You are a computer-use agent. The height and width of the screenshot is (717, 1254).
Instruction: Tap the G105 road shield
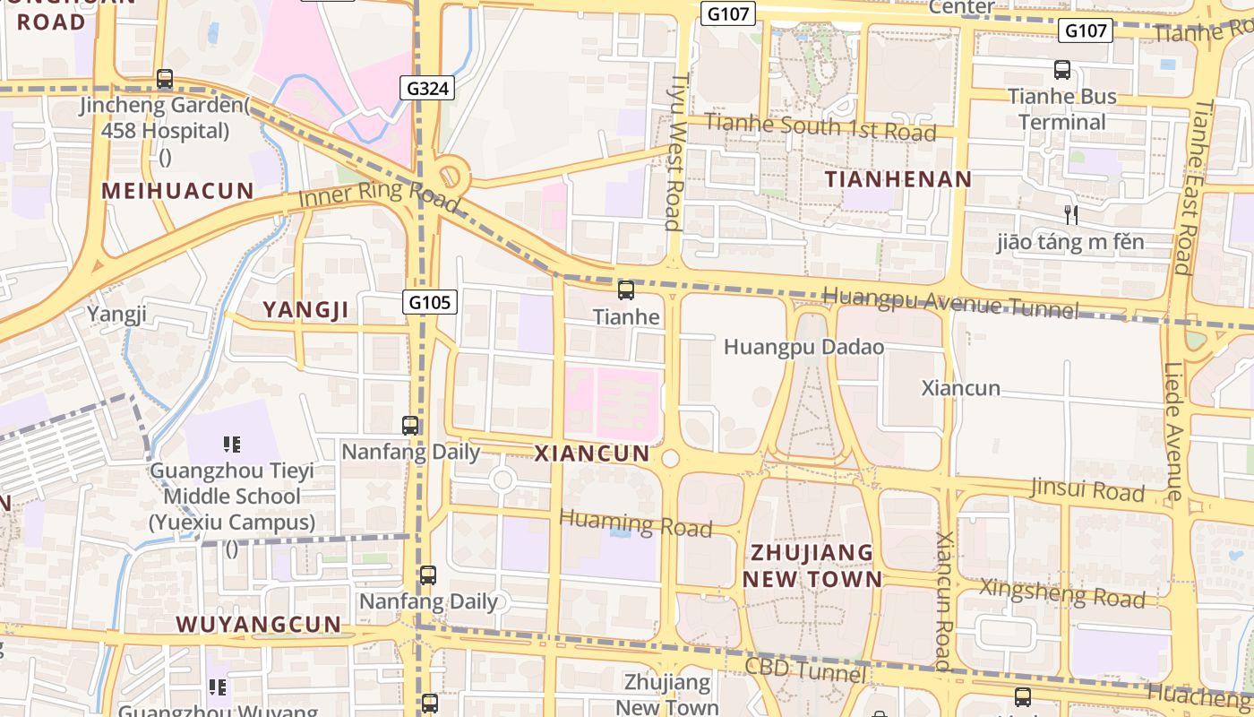pyautogui.click(x=429, y=302)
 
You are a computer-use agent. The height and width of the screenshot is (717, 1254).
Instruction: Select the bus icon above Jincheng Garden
pyautogui.click(x=165, y=79)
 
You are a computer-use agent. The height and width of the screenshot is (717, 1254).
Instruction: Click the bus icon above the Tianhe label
pyautogui.click(x=626, y=290)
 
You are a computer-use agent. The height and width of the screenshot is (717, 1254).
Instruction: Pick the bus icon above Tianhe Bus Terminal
pyautogui.click(x=1062, y=70)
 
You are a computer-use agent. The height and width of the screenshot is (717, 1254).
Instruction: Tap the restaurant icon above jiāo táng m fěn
pyautogui.click(x=1070, y=215)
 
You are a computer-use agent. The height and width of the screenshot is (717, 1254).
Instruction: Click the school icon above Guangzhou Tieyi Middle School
pyautogui.click(x=232, y=444)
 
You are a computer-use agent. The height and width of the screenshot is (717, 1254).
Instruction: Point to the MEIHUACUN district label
pyautogui.click(x=177, y=190)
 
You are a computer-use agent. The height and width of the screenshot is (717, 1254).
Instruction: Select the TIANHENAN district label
pyautogui.click(x=898, y=179)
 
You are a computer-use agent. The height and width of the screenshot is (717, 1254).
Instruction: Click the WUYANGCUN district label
pyautogui.click(x=258, y=625)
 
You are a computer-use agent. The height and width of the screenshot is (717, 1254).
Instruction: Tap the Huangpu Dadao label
pyautogui.click(x=803, y=347)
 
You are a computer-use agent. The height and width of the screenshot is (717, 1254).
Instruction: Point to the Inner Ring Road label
pyautogui.click(x=380, y=194)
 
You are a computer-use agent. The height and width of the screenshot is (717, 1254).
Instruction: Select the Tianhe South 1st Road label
pyautogui.click(x=820, y=126)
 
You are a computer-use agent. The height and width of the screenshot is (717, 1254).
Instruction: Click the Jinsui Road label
pyautogui.click(x=1087, y=489)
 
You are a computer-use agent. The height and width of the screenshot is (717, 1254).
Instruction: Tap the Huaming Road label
pyautogui.click(x=635, y=523)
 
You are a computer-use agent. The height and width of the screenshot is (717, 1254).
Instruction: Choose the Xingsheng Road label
pyautogui.click(x=1061, y=592)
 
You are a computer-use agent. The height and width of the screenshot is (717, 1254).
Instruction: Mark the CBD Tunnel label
pyautogui.click(x=805, y=669)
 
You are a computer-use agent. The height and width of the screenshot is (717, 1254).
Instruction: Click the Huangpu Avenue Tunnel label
pyautogui.click(x=949, y=302)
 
